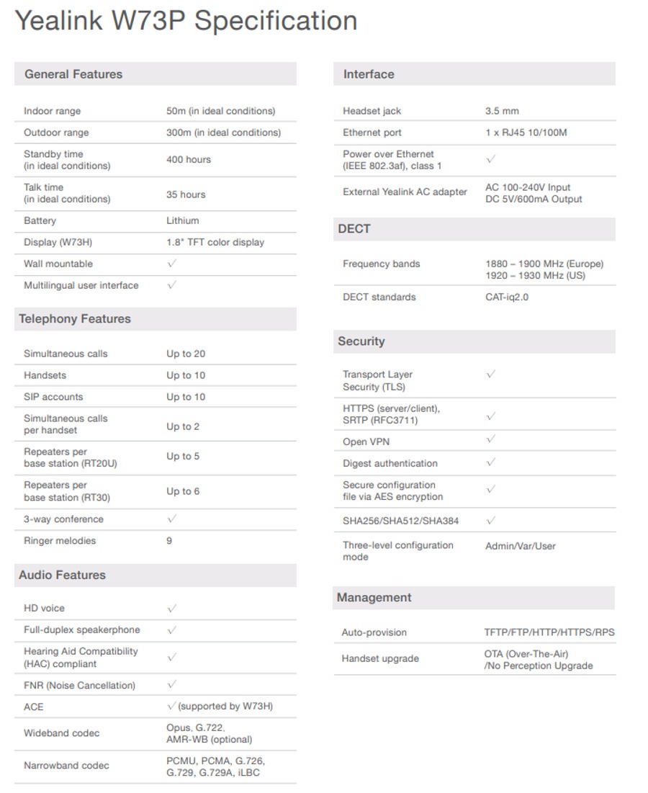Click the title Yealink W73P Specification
186,21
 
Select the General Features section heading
73,74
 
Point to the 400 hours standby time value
189,160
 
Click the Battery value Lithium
183,220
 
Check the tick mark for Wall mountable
171,264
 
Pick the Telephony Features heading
75,319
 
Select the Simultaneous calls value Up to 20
186,354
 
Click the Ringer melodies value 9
169,541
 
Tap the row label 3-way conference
63,519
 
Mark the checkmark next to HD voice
171,609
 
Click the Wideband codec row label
61,733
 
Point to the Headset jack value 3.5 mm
502,111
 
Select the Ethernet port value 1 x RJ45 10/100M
526,133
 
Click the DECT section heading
354,229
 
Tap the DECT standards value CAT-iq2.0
506,297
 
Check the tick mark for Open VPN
490,439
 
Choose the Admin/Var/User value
520,546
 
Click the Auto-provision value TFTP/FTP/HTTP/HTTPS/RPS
549,632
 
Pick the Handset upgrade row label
379,658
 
